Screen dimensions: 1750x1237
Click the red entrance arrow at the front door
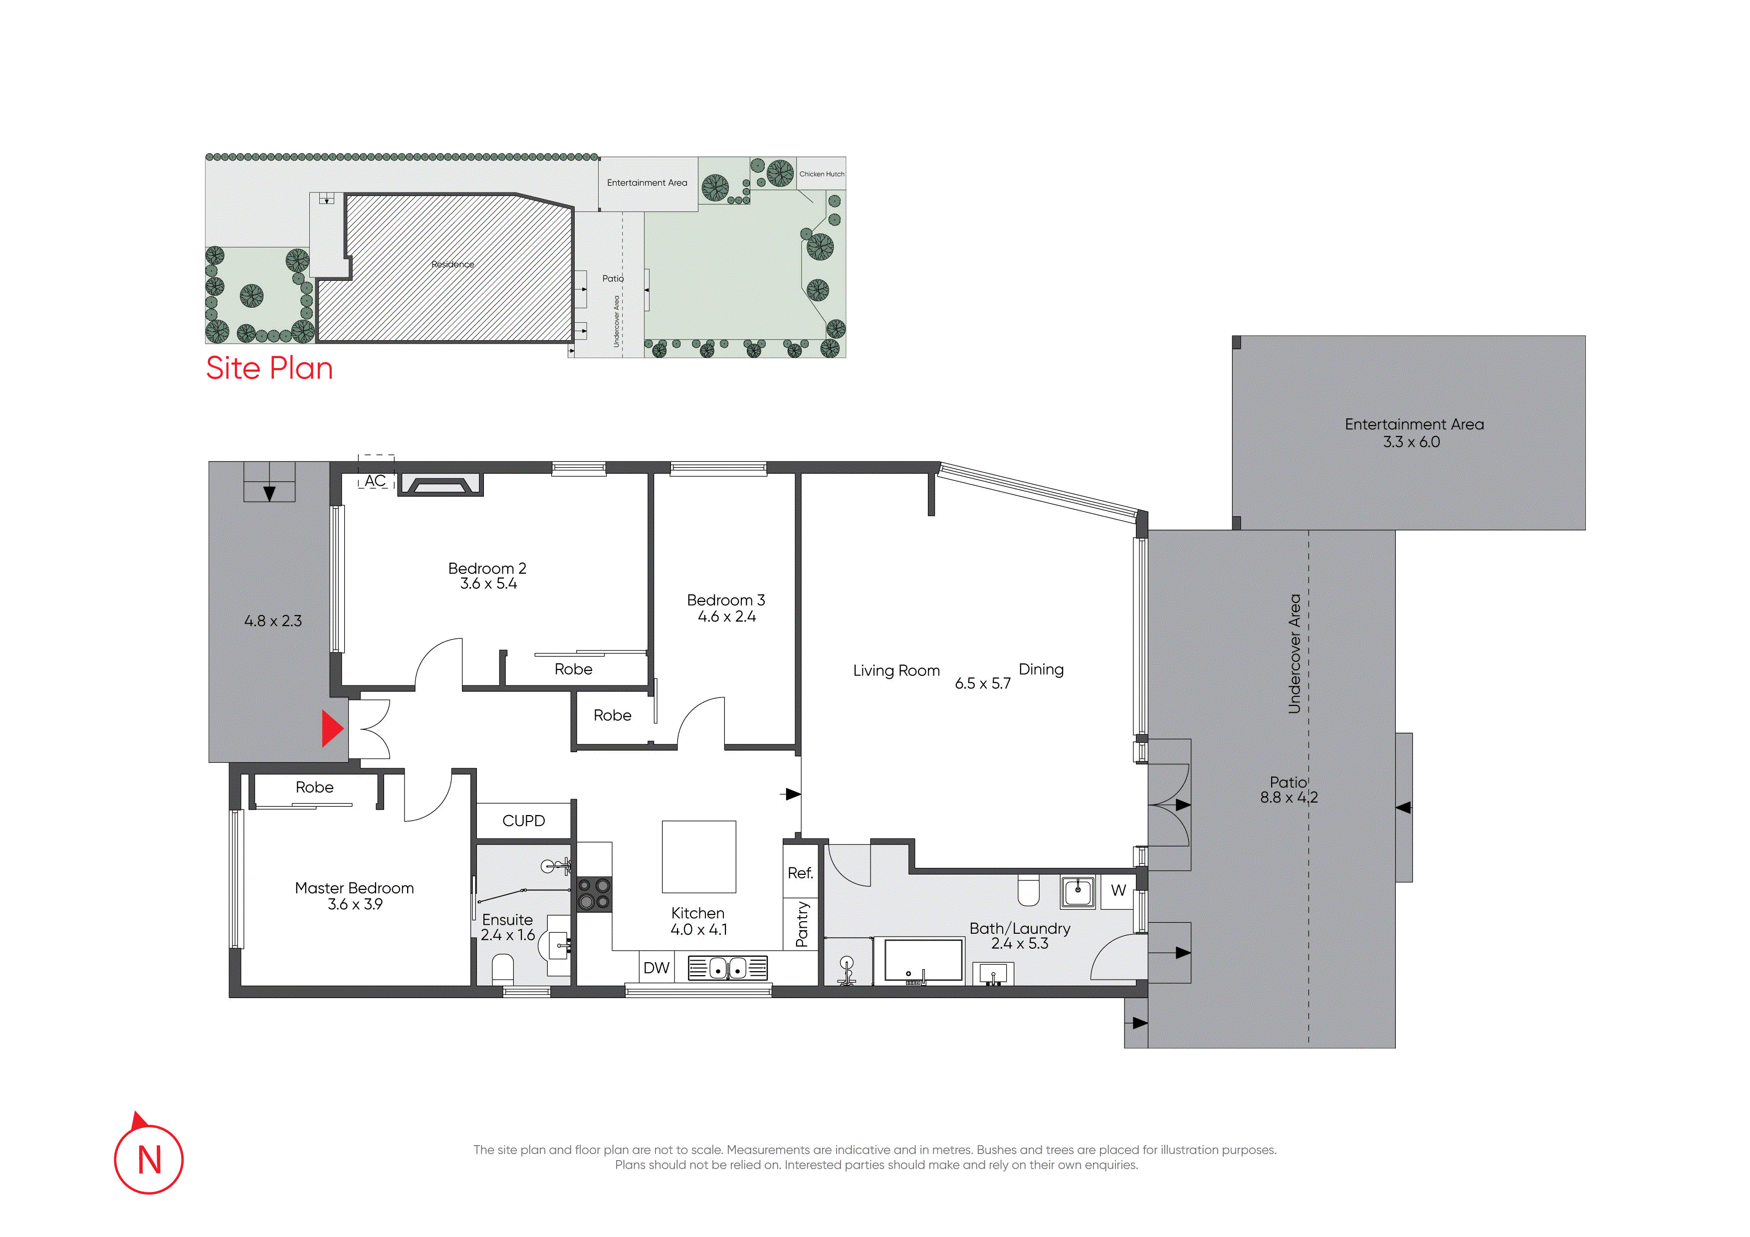(332, 729)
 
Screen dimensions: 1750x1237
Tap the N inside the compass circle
(149, 1160)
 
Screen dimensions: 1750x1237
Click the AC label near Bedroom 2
(375, 481)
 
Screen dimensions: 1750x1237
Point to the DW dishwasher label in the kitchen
(656, 968)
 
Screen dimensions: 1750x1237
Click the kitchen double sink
(728, 968)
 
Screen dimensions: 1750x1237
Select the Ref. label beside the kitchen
(800, 873)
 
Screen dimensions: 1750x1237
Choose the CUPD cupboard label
(524, 821)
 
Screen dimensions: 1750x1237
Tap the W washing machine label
(1118, 890)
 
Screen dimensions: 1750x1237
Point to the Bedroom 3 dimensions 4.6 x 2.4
(726, 617)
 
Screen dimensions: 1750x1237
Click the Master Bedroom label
(354, 888)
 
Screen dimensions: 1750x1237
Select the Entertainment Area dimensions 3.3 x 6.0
(1412, 442)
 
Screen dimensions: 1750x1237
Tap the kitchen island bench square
(699, 857)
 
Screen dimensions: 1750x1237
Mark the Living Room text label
(896, 671)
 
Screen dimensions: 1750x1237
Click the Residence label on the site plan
(453, 264)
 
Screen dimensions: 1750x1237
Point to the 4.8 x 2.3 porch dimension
(273, 621)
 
